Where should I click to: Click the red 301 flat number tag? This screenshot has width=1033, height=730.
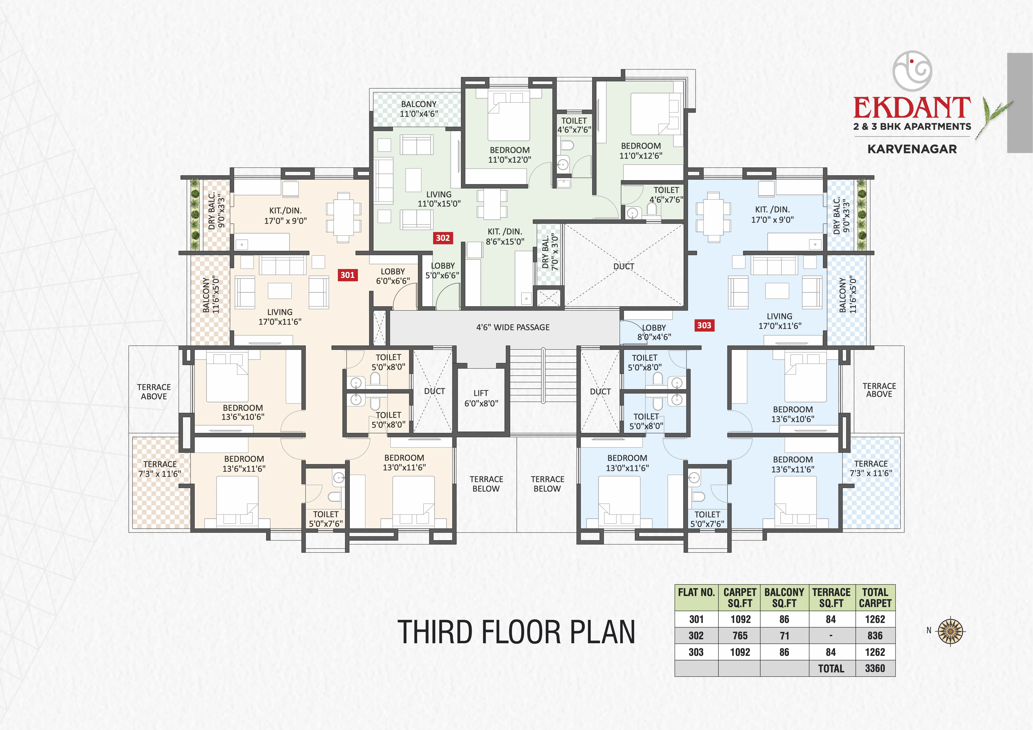pyautogui.click(x=347, y=275)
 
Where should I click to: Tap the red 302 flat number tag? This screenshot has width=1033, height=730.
pyautogui.click(x=443, y=238)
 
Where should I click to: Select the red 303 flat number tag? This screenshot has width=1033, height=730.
pyautogui.click(x=704, y=325)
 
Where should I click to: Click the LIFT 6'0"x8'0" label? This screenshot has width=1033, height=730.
pyautogui.click(x=481, y=398)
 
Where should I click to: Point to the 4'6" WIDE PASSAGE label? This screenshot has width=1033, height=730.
pyautogui.click(x=513, y=327)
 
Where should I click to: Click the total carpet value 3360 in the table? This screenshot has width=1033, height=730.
pyautogui.click(x=875, y=668)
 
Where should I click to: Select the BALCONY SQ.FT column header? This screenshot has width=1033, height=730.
pyautogui.click(x=784, y=598)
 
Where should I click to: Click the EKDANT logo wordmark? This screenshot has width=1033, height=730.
pyautogui.click(x=912, y=108)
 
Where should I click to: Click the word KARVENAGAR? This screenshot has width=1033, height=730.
pyautogui.click(x=912, y=149)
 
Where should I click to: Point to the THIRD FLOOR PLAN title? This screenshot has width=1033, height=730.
pyautogui.click(x=516, y=632)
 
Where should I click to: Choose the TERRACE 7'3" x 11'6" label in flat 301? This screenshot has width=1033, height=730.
pyautogui.click(x=160, y=469)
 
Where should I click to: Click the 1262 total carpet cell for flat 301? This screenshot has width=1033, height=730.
pyautogui.click(x=875, y=619)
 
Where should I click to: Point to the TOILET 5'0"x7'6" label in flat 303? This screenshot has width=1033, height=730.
pyautogui.click(x=707, y=519)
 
